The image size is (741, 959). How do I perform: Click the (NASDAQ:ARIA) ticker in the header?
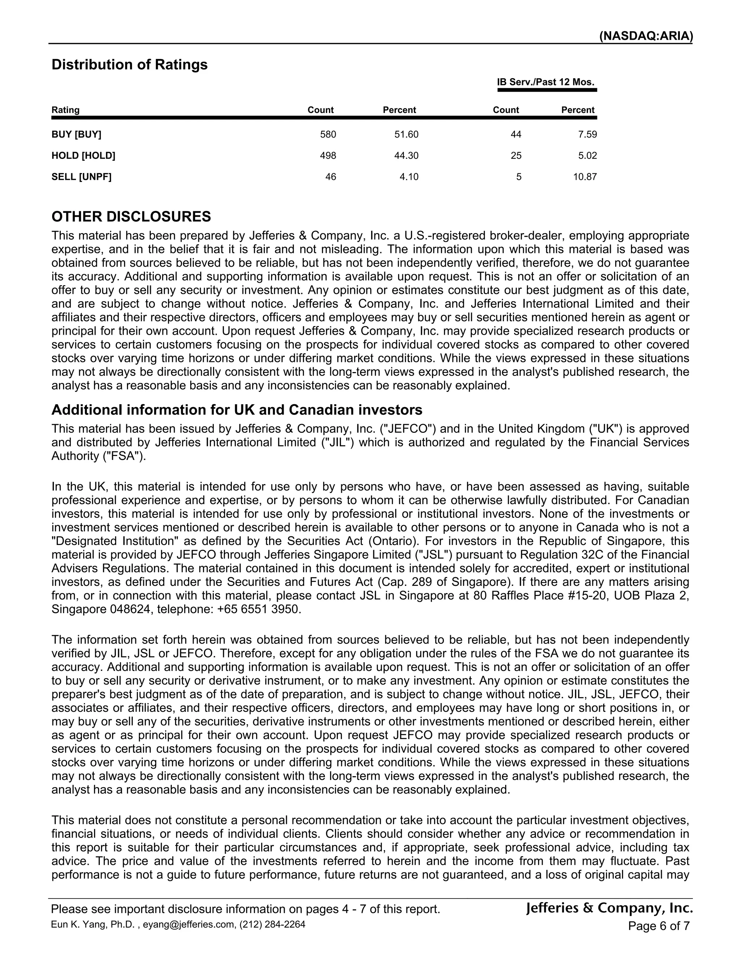[646, 36]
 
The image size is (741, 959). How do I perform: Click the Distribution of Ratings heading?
[130, 64]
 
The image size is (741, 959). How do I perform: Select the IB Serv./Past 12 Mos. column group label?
[546, 82]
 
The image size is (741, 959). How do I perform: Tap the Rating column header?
[65, 110]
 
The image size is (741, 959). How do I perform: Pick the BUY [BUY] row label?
[76, 134]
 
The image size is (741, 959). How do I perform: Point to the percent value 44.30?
[406, 156]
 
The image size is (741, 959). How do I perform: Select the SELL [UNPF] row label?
[82, 177]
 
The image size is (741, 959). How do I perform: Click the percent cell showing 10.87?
[585, 177]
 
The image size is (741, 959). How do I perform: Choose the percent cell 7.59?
[587, 134]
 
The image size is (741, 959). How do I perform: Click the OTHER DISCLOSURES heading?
[131, 216]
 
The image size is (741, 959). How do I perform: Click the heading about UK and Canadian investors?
[237, 410]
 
